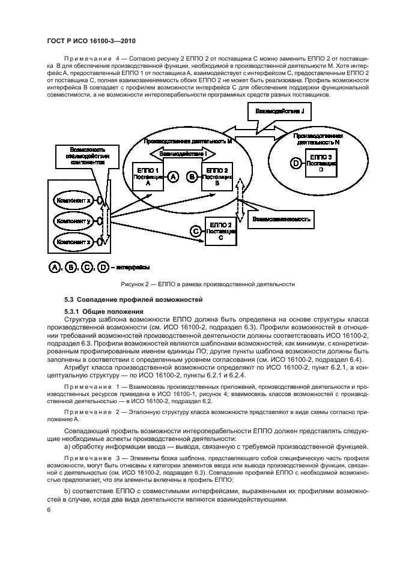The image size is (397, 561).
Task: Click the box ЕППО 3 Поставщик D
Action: tap(320, 162)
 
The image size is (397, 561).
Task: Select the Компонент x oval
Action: tap(75, 200)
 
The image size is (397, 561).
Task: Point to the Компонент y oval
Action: tap(75, 221)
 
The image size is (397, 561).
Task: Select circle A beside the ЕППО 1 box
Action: tap(173, 176)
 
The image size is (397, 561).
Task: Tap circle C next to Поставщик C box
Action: tap(195, 231)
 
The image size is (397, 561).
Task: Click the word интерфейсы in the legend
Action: tap(133, 267)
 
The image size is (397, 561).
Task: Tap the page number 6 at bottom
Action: tap(49, 509)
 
